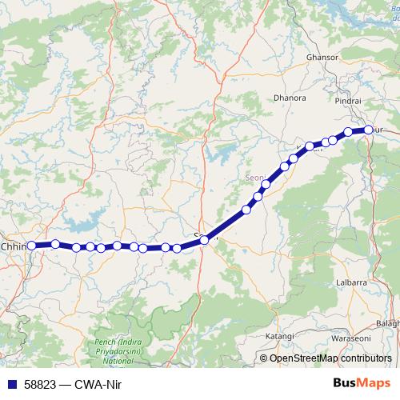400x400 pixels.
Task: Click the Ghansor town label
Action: [x=322, y=58]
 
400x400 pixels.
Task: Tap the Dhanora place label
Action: [x=290, y=98]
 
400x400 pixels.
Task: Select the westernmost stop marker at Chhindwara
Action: [x=32, y=246]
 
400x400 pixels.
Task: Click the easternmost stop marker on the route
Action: [x=368, y=129]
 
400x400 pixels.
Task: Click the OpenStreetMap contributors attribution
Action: [x=330, y=358]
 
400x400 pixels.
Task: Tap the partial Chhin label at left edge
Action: [x=14, y=246]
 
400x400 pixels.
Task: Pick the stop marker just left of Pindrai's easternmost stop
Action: [x=348, y=132]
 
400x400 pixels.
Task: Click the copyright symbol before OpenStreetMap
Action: [x=265, y=358]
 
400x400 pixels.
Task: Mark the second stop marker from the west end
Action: [x=55, y=243]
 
